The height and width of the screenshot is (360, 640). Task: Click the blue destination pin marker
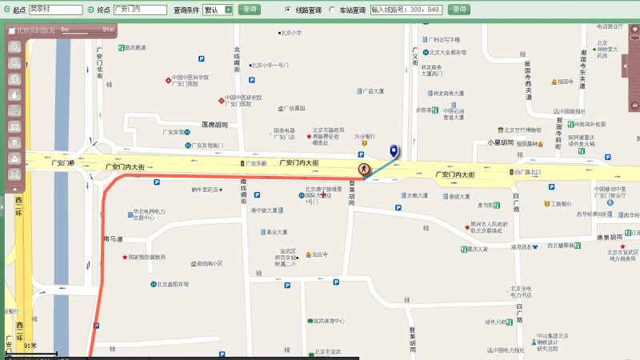tap(393, 150)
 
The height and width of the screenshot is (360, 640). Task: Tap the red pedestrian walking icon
tap(364, 169)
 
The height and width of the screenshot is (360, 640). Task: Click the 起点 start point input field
tap(55, 10)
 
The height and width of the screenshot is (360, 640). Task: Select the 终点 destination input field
tap(139, 10)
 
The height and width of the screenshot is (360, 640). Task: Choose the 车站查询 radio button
tap(332, 10)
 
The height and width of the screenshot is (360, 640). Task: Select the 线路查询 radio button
tap(288, 10)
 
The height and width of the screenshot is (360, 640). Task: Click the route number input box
tap(406, 10)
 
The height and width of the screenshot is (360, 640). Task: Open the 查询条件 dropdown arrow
tap(228, 10)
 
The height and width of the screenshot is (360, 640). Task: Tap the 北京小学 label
tap(290, 33)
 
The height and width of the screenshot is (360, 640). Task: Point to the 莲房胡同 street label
tap(214, 125)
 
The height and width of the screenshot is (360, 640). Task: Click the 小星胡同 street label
tap(500, 142)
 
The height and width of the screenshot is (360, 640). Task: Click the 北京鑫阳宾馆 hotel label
tap(172, 284)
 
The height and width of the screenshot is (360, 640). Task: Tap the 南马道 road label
tap(113, 239)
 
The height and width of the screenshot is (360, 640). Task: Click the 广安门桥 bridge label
tap(62, 162)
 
